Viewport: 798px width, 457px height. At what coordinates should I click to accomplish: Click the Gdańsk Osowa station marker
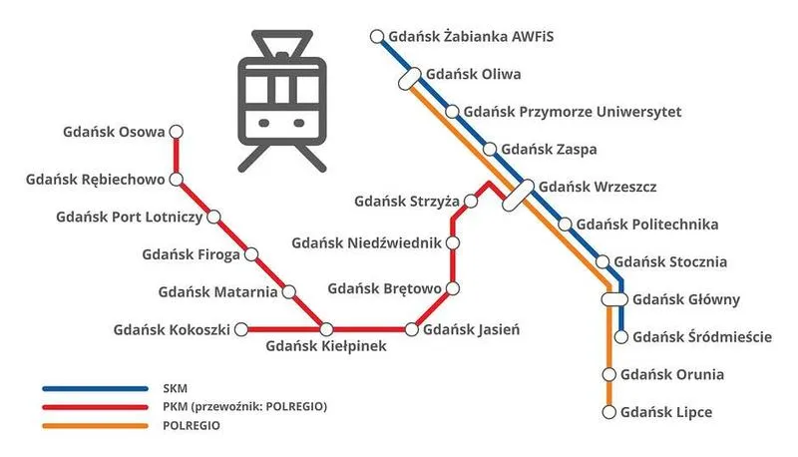pos(177,132)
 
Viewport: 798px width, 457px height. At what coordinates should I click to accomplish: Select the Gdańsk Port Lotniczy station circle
pos(212,217)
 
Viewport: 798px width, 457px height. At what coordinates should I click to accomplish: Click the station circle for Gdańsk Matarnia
pos(289,292)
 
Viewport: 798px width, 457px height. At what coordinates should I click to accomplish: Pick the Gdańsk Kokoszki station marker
pos(240,329)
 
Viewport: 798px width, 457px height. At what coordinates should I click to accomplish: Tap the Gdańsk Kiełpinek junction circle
pos(326,329)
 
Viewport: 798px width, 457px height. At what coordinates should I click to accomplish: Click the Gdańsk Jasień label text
pos(471,329)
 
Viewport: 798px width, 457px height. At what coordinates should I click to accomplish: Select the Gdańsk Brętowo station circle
pos(453,289)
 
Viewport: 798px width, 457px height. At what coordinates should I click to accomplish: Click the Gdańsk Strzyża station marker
pos(471,202)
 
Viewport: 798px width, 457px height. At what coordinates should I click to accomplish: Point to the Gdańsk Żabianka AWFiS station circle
pos(377,38)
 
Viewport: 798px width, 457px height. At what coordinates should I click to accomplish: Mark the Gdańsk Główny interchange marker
pos(614,298)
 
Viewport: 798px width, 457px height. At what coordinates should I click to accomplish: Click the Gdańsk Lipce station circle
pos(608,411)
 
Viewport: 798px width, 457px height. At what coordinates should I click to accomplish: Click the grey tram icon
pos(280,100)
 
